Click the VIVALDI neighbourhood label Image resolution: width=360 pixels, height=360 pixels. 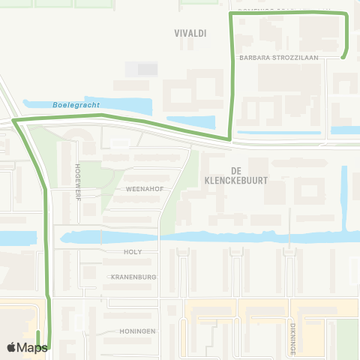pyautogui.click(x=190, y=33)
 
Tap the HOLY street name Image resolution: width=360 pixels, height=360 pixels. pyautogui.click(x=132, y=253)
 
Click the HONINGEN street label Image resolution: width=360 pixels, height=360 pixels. pyautogui.click(x=137, y=331)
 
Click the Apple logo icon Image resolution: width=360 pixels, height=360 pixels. pyautogui.click(x=12, y=347)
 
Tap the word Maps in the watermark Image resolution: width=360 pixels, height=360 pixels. pyautogui.click(x=33, y=347)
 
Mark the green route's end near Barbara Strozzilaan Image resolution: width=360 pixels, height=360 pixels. pyautogui.click(x=343, y=57)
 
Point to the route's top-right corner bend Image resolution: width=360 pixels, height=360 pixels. pyautogui.click(x=346, y=14)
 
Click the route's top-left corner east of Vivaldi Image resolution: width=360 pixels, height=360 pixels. pyautogui.click(x=230, y=13)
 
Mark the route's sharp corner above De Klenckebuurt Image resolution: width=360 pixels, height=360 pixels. pyautogui.click(x=229, y=139)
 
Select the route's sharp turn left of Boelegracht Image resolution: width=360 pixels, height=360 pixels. pyautogui.click(x=14, y=120)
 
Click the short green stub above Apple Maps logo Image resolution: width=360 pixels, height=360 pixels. pyautogui.click(x=37, y=336)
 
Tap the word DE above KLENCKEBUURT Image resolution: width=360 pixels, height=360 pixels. pyautogui.click(x=235, y=170)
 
